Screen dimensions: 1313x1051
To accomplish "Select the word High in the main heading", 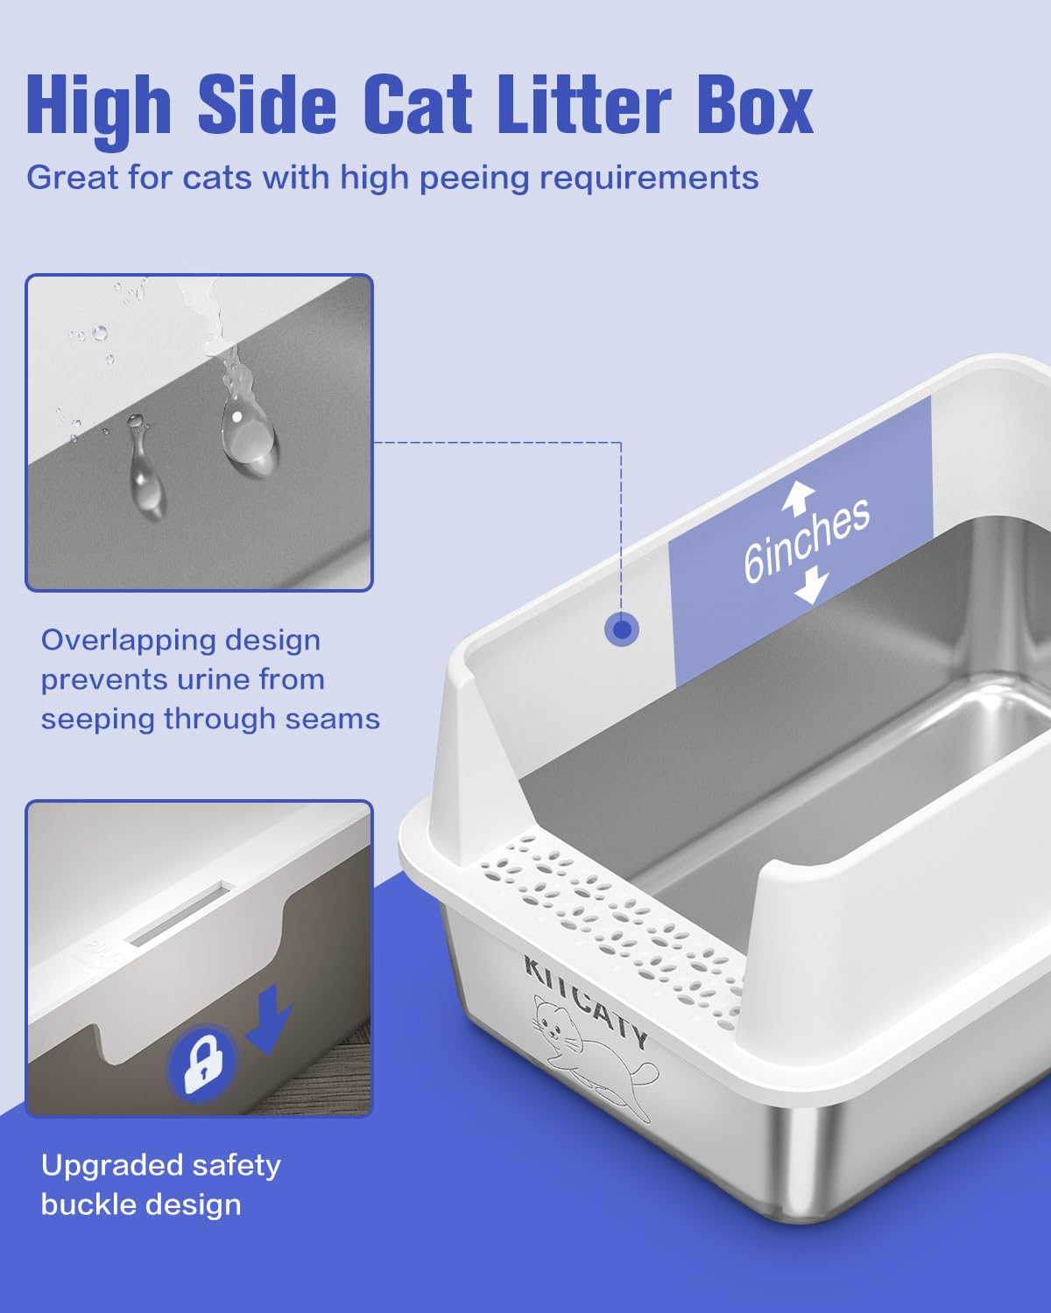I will click(x=98, y=107).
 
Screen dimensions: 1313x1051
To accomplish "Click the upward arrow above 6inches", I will click(x=798, y=496).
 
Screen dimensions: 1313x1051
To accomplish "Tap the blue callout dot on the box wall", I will click(x=622, y=629).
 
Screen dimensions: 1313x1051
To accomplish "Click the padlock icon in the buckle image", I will click(x=203, y=1062).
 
